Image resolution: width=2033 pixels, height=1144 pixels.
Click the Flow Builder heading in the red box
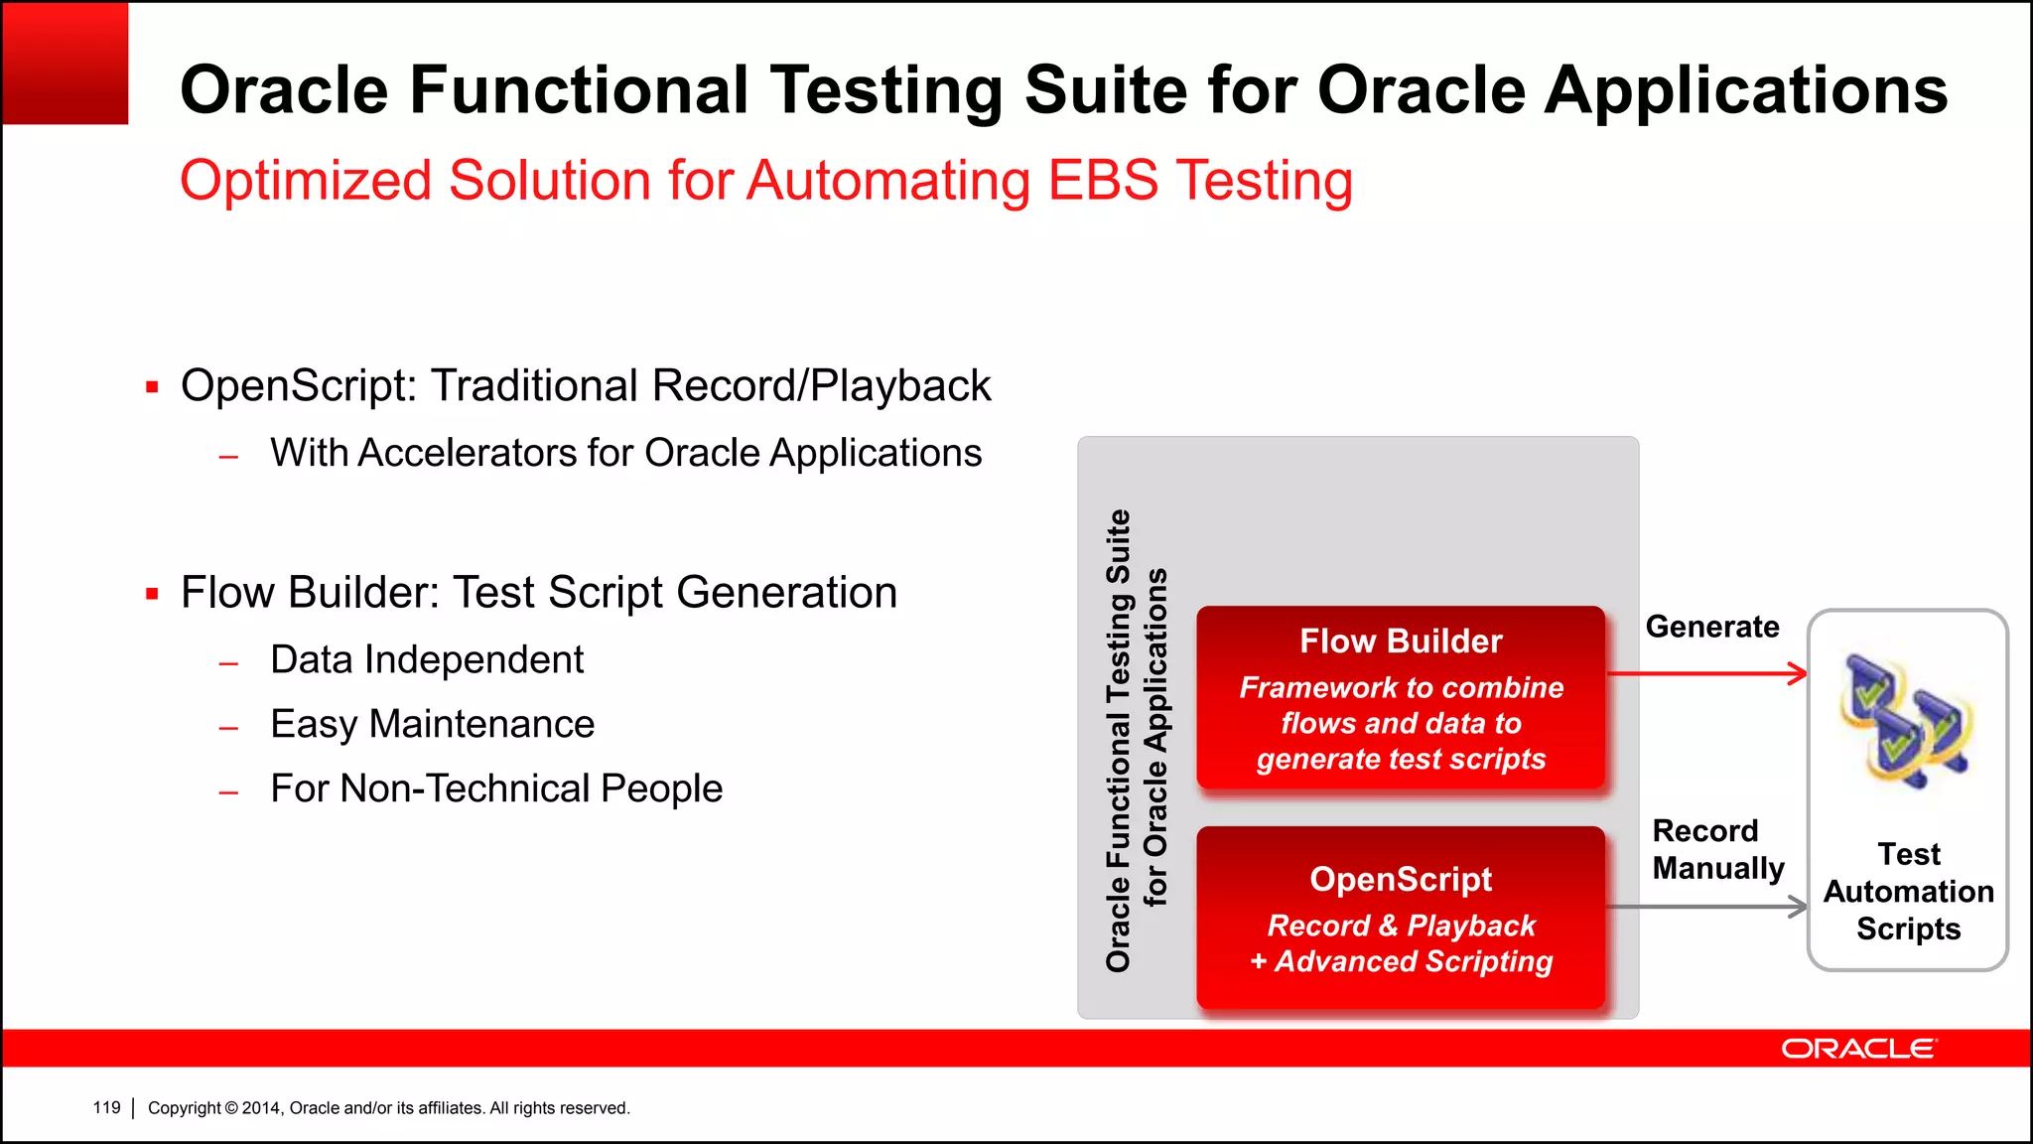click(x=1401, y=642)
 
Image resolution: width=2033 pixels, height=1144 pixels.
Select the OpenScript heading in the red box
click(x=1401, y=880)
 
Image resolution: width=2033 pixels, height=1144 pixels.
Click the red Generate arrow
click(x=1707, y=674)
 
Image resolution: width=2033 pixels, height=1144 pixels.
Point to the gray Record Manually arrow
click(x=1707, y=907)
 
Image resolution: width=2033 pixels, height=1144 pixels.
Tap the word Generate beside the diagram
click(x=1712, y=627)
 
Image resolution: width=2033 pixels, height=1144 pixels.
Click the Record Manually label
click(x=1717, y=849)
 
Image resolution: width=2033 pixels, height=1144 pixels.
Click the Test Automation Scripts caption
click(x=1908, y=892)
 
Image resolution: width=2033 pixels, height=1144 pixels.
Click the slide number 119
click(x=106, y=1107)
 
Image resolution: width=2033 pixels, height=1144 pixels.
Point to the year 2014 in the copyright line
click(x=262, y=1108)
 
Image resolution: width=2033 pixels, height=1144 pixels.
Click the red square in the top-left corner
click(x=66, y=64)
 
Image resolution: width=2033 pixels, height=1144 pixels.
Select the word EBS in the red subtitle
click(x=1103, y=181)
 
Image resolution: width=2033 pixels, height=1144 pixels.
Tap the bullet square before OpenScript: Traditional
click(x=152, y=387)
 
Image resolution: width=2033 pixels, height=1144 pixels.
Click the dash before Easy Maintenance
click(x=229, y=728)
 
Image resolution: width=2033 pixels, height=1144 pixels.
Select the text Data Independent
click(x=427, y=660)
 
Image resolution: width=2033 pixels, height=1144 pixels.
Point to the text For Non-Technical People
click(x=496, y=789)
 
